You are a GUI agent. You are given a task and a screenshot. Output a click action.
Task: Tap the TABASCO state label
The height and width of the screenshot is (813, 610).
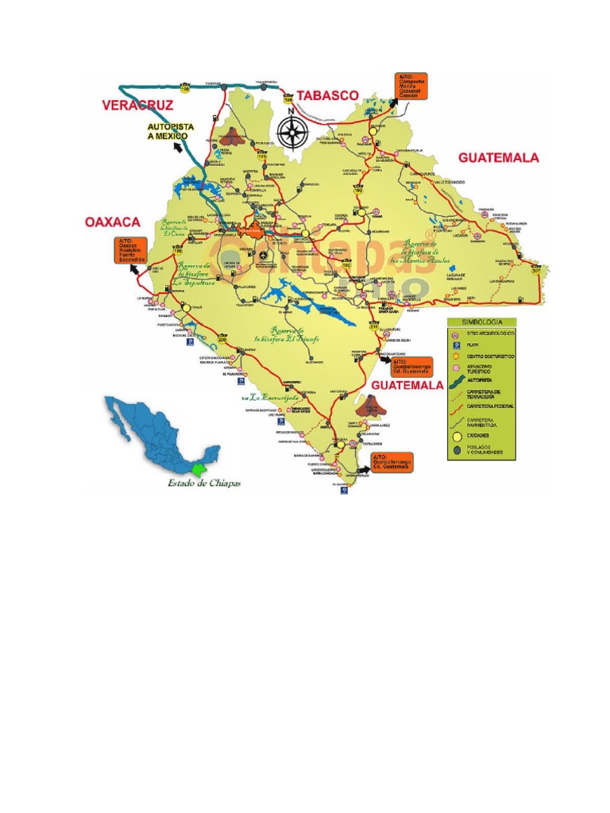click(x=327, y=95)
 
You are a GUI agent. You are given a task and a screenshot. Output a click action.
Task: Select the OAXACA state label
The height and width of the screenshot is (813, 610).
click(x=112, y=222)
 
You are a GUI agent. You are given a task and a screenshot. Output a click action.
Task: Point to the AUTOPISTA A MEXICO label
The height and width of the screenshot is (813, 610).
click(x=169, y=131)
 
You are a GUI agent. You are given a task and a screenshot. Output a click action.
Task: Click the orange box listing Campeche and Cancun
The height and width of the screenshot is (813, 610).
click(x=411, y=86)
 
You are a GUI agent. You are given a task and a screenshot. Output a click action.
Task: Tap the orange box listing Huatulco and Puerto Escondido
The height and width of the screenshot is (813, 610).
click(x=131, y=250)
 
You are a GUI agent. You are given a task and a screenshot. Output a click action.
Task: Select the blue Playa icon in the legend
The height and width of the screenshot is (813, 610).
click(x=456, y=345)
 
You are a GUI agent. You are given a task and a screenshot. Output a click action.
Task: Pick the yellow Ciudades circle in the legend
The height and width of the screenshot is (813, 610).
click(x=456, y=437)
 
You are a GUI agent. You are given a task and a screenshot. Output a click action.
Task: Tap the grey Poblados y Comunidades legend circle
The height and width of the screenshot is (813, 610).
click(x=456, y=450)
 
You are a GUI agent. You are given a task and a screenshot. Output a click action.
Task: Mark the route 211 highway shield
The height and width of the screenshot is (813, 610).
click(x=374, y=326)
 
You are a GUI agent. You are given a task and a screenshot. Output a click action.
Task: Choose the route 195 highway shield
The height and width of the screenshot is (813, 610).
click(x=261, y=156)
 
